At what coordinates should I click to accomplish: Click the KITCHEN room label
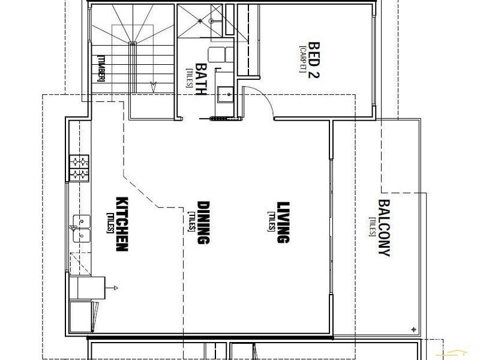pyautogui.click(x=122, y=224)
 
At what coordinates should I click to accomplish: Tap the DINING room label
pyautogui.click(x=203, y=223)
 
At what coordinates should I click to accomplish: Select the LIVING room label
pyautogui.click(x=283, y=222)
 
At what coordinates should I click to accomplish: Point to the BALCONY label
pyautogui.click(x=384, y=228)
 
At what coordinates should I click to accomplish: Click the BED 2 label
pyautogui.click(x=313, y=60)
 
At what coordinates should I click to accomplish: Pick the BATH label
pyautogui.click(x=201, y=79)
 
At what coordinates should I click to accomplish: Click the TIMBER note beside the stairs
pyautogui.click(x=101, y=68)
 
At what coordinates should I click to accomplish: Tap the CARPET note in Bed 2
pyautogui.click(x=303, y=59)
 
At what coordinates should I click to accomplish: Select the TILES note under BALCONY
pyautogui.click(x=372, y=227)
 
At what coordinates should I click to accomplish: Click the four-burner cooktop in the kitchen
pyautogui.click(x=79, y=168)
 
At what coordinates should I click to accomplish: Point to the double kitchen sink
pyautogui.click(x=82, y=229)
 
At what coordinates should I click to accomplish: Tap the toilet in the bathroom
pyautogui.click(x=221, y=54)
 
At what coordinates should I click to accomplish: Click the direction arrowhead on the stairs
pyautogui.click(x=154, y=87)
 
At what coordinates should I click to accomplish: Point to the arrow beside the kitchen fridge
pyautogui.click(x=112, y=288)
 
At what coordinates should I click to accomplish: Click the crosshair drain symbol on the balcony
pyautogui.click(x=414, y=329)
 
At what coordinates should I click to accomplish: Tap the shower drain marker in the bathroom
pyautogui.click(x=200, y=21)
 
